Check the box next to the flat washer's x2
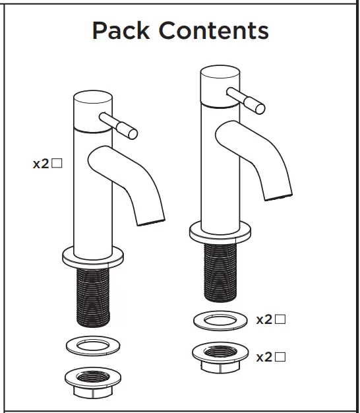[280, 320]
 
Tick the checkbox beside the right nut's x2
[280, 357]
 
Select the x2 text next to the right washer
[264, 320]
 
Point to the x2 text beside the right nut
[264, 357]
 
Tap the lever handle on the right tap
[247, 98]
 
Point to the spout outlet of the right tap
[278, 192]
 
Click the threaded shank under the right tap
[221, 270]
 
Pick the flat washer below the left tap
[92, 345]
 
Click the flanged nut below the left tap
[92, 381]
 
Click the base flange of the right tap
[221, 231]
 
